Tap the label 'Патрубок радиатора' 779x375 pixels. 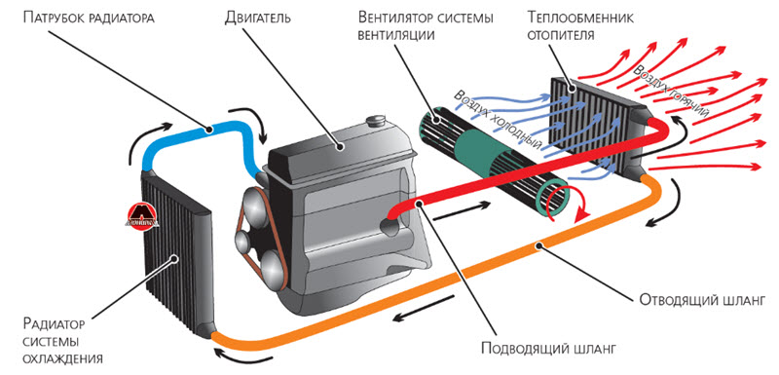pos(89,19)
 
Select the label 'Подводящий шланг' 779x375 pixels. pos(549,348)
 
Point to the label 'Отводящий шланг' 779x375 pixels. pos(701,301)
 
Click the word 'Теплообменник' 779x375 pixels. pos(581,19)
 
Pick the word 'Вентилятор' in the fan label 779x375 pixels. pos(395,19)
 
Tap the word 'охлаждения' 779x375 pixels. pos(63,358)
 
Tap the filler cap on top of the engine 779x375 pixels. pos(376,122)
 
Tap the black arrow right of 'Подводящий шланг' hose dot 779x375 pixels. pos(461,210)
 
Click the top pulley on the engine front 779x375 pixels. pos(255,203)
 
